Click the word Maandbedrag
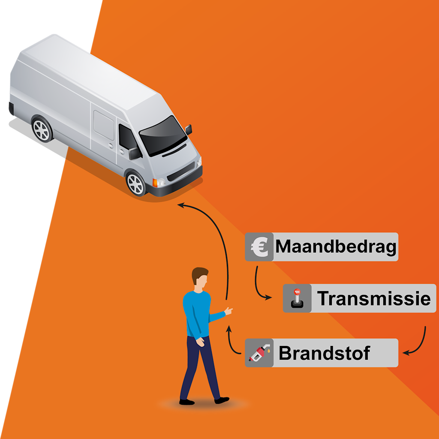[336, 247]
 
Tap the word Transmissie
[373, 298]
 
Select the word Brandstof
[324, 353]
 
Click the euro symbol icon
[259, 247]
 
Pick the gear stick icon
[297, 298]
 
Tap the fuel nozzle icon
[259, 353]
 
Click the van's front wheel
[135, 183]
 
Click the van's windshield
[163, 135]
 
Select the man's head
[200, 278]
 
